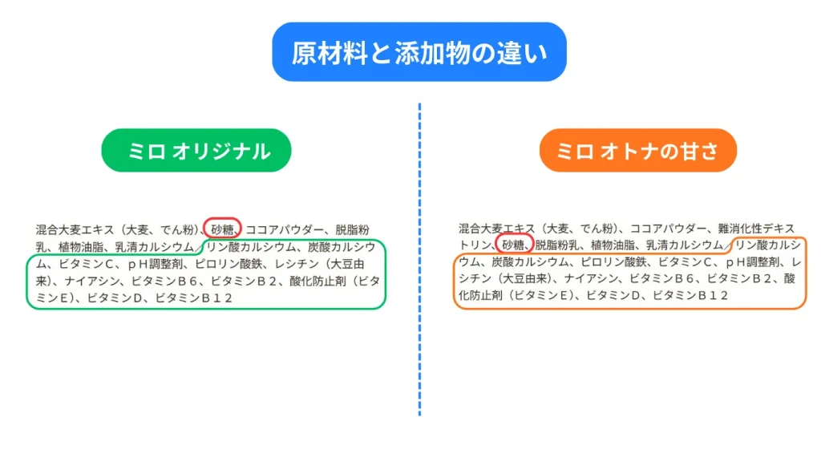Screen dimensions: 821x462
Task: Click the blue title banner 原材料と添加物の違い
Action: [x=419, y=52]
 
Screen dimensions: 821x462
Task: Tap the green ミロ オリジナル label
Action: [x=196, y=150]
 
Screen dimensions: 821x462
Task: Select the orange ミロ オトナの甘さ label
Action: [x=637, y=150]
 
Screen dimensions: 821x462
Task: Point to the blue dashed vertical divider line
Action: [x=419, y=259]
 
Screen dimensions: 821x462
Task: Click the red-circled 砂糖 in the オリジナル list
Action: [x=222, y=229]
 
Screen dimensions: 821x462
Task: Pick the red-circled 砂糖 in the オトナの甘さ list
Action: [x=513, y=245]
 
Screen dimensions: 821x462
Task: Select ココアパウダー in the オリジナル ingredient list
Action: [x=285, y=229]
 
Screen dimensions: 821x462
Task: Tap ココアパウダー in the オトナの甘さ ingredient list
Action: [x=668, y=229]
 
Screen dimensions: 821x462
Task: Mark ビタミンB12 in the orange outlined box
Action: [x=690, y=295]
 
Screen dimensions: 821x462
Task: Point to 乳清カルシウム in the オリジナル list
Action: [x=155, y=247]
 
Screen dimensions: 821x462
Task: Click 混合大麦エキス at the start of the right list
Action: [x=497, y=229]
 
